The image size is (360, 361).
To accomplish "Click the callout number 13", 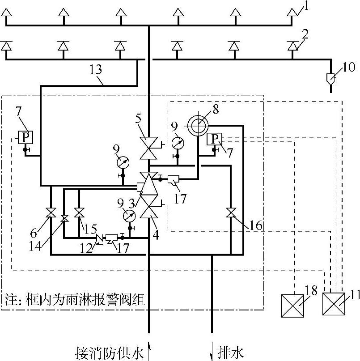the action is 96,69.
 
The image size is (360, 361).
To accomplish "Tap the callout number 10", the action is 349,67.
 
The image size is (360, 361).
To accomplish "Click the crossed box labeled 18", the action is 292,306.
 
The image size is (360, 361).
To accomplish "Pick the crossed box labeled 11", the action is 334,304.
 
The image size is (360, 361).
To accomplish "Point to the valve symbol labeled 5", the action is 148,148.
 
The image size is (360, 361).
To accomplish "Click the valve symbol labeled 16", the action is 231,212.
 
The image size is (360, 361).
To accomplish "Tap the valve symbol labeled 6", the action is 51,212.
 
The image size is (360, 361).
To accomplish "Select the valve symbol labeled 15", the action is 79,212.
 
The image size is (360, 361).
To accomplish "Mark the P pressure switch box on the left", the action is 25,137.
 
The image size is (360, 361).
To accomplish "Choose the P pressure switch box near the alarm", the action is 214,139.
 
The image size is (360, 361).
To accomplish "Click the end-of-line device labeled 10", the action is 331,79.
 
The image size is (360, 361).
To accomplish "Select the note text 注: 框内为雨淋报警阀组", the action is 75,300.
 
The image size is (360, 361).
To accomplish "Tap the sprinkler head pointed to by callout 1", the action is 292,12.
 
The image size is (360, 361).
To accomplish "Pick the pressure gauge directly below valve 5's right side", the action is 178,144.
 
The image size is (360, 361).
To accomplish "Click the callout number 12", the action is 86,249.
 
